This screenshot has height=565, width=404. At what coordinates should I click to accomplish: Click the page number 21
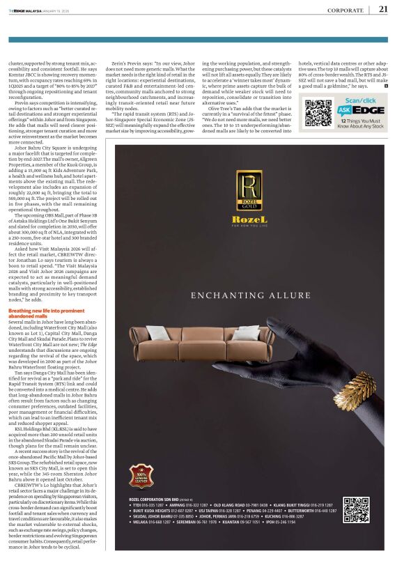pyautogui.click(x=383, y=9)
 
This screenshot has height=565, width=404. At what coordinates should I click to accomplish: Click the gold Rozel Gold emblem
pyautogui.click(x=249, y=191)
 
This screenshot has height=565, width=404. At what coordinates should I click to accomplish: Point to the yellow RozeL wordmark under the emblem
pyautogui.click(x=249, y=219)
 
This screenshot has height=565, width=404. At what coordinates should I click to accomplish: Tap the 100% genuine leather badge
pyautogui.click(x=143, y=481)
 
